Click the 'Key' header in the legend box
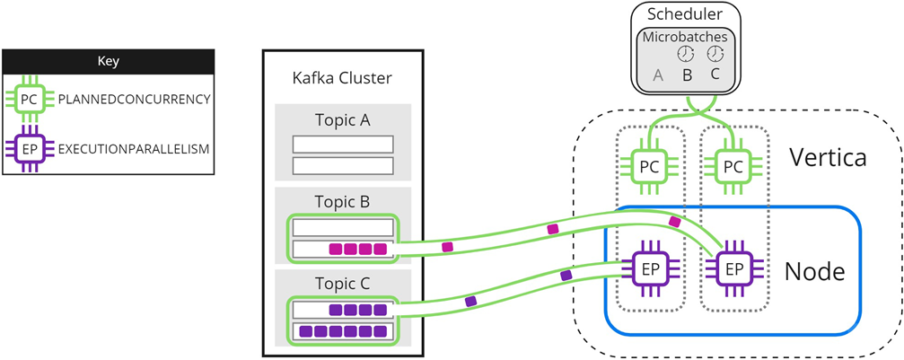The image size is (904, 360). pyautogui.click(x=108, y=62)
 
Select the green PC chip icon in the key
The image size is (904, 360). pyautogui.click(x=30, y=100)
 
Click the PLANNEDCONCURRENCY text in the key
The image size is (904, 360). pyautogui.click(x=134, y=100)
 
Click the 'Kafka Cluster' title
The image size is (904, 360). pyautogui.click(x=342, y=77)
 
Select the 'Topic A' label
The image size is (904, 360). pyautogui.click(x=342, y=120)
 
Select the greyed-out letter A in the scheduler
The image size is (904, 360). pyautogui.click(x=658, y=75)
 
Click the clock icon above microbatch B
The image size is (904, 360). pyautogui.click(x=687, y=55)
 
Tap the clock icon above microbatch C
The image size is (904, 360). pyautogui.click(x=715, y=55)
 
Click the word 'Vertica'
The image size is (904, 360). pyautogui.click(x=827, y=159)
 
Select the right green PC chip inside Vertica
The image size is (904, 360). pyautogui.click(x=733, y=166)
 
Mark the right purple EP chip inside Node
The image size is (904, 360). pyautogui.click(x=733, y=268)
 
